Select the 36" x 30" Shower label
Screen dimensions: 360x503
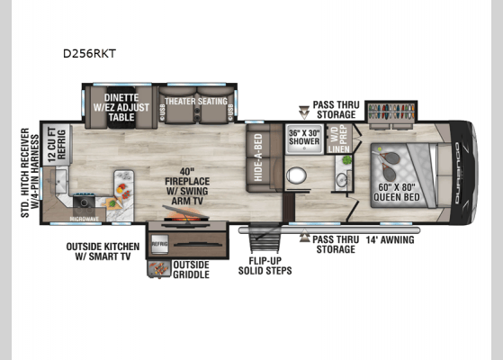[304, 138]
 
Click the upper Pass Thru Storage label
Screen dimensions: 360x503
[336, 110]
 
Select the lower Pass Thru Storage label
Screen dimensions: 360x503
[336, 245]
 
